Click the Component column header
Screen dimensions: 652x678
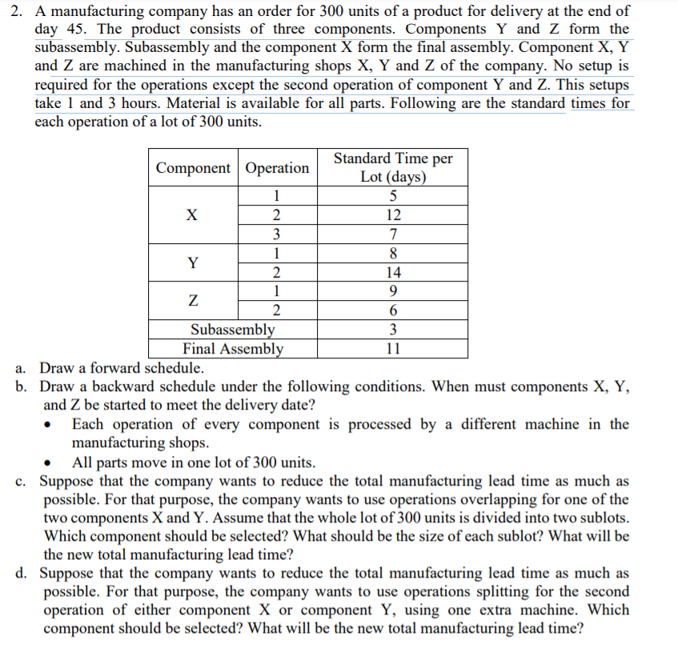click(193, 168)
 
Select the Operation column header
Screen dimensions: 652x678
click(277, 168)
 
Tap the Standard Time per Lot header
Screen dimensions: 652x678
click(392, 168)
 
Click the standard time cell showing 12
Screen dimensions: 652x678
click(392, 215)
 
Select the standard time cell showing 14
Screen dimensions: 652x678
click(392, 272)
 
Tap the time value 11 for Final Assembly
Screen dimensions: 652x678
click(392, 349)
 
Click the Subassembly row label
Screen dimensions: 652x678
click(232, 330)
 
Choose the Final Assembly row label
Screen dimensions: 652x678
click(232, 349)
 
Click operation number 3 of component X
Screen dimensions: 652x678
click(276, 234)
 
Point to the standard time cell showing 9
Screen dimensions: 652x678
click(392, 291)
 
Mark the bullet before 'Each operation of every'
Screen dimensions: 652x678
click(52, 426)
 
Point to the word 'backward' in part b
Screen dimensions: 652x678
click(112, 387)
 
